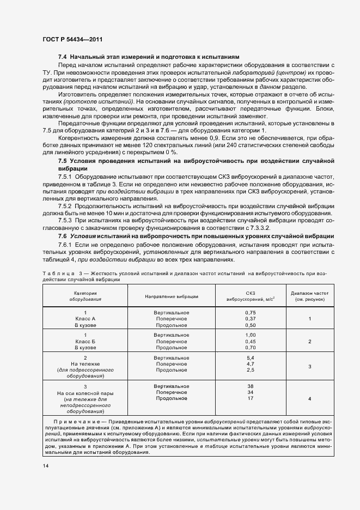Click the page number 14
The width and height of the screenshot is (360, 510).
[x=45, y=466]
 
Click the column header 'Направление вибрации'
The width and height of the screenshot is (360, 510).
[x=172, y=296]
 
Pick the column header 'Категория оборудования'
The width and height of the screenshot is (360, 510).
[x=86, y=296]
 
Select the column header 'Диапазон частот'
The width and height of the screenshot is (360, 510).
[x=309, y=293]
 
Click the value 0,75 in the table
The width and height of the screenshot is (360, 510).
[x=251, y=312]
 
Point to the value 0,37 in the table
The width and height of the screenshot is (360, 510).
[x=251, y=318]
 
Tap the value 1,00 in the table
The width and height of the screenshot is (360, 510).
[x=251, y=335]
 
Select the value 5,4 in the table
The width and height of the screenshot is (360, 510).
[x=251, y=357]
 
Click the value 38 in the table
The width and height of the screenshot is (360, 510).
[x=251, y=386]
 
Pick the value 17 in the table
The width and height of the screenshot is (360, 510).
[x=251, y=398]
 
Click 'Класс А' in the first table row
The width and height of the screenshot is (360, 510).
[x=86, y=318]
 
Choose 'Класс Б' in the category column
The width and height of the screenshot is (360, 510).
[x=86, y=341]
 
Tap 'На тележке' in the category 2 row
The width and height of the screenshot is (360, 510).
[x=86, y=363]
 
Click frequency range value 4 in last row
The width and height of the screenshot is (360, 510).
[x=309, y=399]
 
